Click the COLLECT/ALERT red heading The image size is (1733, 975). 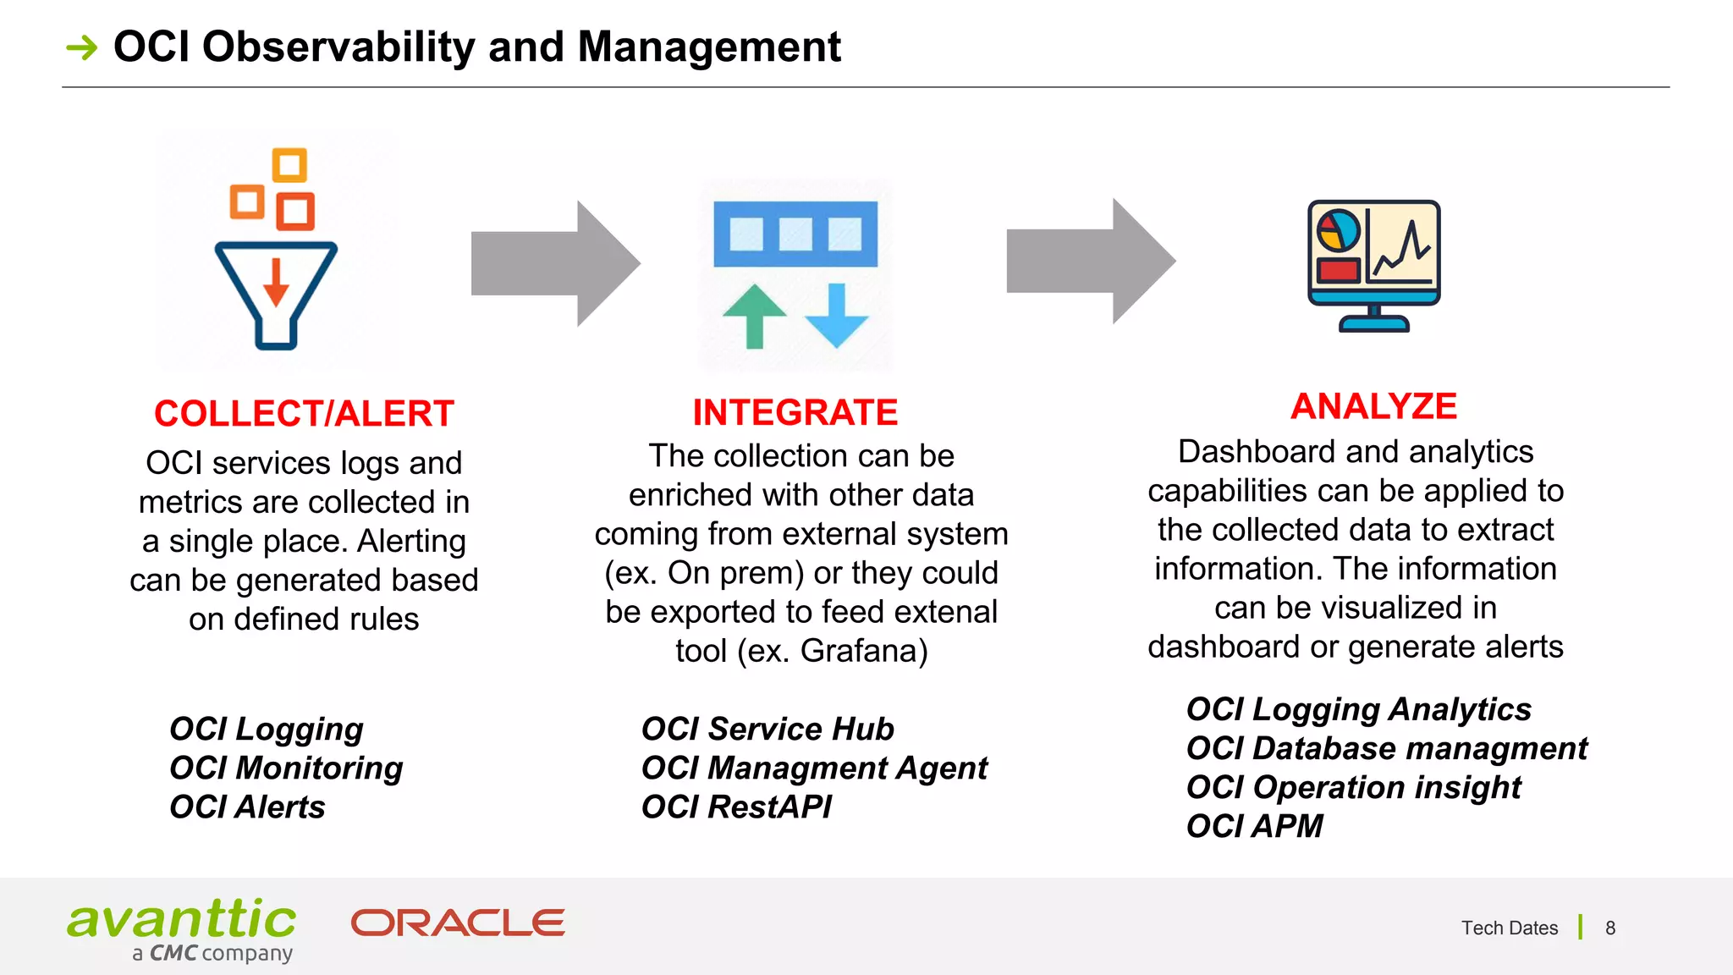point(304,414)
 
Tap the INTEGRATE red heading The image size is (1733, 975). point(795,412)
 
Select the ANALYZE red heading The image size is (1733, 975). point(1373,406)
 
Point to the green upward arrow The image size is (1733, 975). point(754,316)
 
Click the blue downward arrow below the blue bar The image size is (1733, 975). point(836,316)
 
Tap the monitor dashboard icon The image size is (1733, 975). point(1373,264)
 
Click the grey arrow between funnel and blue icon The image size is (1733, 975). point(554,263)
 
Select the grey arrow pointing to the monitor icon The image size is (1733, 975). point(1090,262)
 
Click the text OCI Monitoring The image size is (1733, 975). point(286,768)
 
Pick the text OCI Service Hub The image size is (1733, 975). point(767,729)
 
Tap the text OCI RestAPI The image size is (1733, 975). point(736,807)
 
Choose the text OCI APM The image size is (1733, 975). point(1254,826)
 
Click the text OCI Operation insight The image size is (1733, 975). point(1353,787)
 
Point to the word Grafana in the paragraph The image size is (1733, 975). point(858,651)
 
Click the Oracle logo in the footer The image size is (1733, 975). point(458,923)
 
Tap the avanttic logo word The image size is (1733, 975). point(182,920)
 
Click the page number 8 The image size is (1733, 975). point(1610,928)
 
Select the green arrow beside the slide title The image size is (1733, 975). point(82,47)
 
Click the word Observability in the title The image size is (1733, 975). point(338,47)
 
